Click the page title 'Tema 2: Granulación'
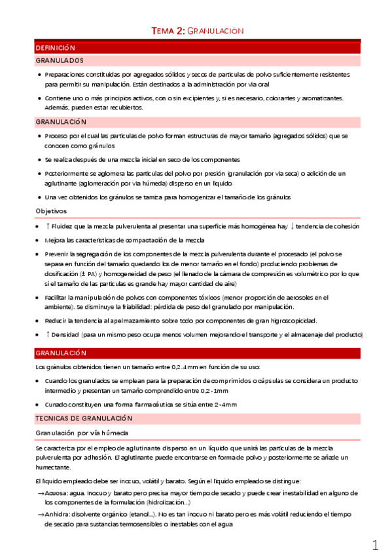pyautogui.click(x=197, y=31)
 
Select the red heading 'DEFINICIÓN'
pyautogui.click(x=56, y=48)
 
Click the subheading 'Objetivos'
pyautogui.click(x=51, y=210)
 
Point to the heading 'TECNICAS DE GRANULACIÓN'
pyautogui.click(x=84, y=418)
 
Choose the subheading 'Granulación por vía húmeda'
pyautogui.click(x=81, y=433)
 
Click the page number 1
pyautogui.click(x=375, y=545)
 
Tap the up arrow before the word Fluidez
pyautogui.click(x=48, y=226)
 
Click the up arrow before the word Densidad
pyautogui.click(x=48, y=334)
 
